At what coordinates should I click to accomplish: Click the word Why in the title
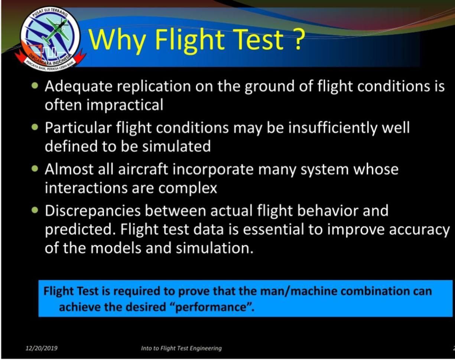(117, 40)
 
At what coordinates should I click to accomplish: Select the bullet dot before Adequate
(35, 86)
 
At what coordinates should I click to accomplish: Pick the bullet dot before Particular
(35, 127)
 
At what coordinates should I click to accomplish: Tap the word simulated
(176, 146)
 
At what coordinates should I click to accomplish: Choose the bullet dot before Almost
(35, 169)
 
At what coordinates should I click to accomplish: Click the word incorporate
(213, 170)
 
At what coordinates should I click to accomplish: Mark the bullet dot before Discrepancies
(35, 210)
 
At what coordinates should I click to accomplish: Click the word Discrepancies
(92, 211)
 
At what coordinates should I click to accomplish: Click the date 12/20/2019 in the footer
(42, 348)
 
